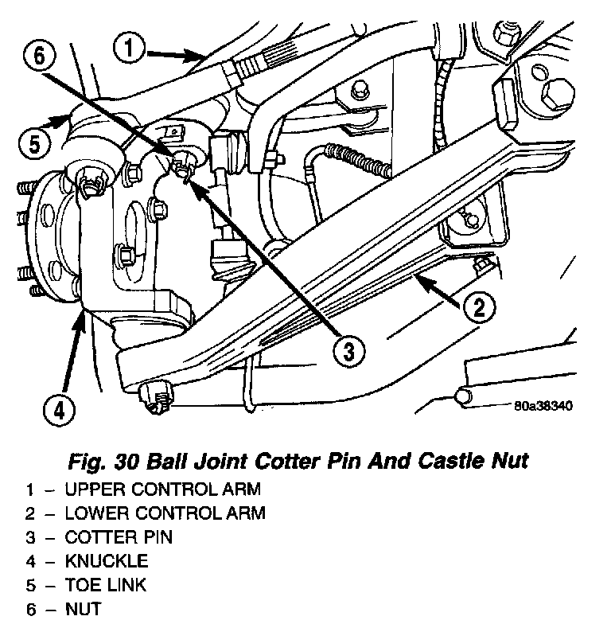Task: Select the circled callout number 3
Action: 347,351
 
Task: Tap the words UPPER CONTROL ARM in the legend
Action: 163,488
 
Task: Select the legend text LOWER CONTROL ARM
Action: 165,513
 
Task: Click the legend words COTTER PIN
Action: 119,536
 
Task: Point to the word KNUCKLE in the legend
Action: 107,561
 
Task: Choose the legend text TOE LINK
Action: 106,586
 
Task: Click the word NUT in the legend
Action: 84,610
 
